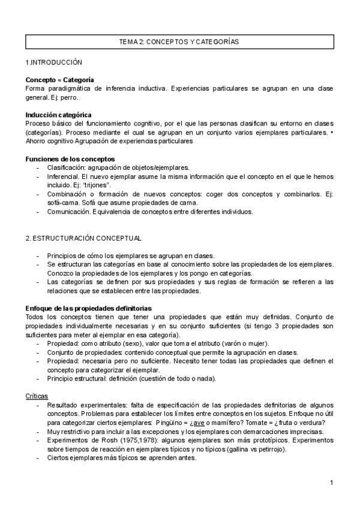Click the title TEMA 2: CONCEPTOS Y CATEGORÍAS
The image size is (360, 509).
pos(179,42)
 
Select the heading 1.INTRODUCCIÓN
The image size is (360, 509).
pos(53,62)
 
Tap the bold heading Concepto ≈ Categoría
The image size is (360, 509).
pos(59,79)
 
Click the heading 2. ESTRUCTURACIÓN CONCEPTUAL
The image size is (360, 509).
pos(83,238)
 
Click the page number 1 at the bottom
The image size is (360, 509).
pos(331,483)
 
